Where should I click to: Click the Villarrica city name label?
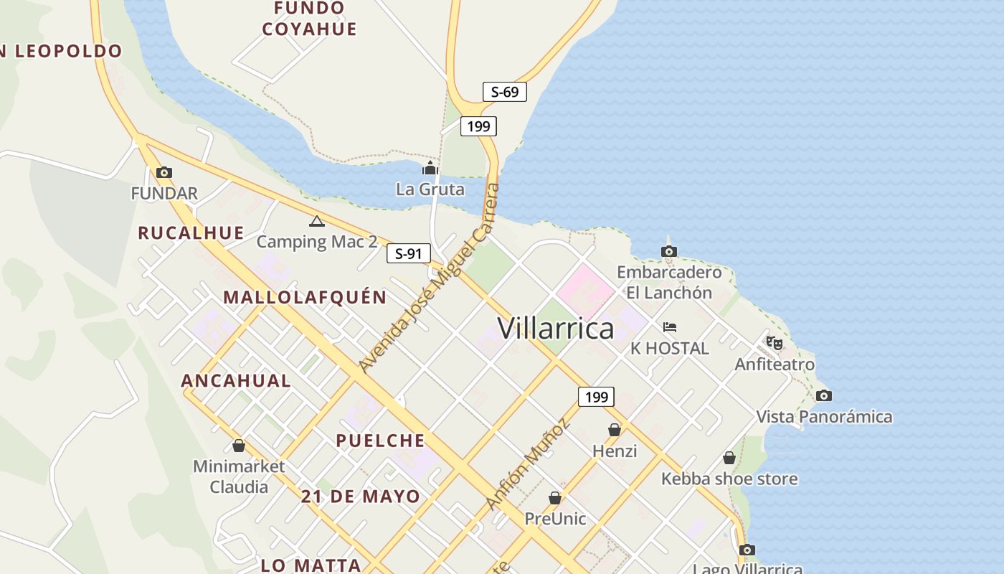(556, 329)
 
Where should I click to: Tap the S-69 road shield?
(504, 92)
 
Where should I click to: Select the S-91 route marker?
(409, 253)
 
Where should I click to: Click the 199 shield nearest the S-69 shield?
(478, 127)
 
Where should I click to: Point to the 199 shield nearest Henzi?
(596, 397)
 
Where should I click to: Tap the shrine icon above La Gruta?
(430, 169)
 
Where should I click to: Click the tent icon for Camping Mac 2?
(316, 221)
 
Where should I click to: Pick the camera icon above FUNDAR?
(164, 172)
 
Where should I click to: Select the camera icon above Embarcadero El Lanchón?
(668, 251)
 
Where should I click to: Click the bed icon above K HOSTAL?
(669, 327)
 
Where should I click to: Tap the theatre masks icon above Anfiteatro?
(774, 343)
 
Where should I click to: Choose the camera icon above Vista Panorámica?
(824, 395)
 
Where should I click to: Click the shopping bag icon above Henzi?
(615, 430)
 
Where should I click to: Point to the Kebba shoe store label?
(729, 479)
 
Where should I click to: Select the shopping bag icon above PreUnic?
(554, 497)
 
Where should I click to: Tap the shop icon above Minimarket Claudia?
(239, 446)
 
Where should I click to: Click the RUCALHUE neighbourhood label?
(191, 232)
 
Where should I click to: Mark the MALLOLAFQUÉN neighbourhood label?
(305, 297)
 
